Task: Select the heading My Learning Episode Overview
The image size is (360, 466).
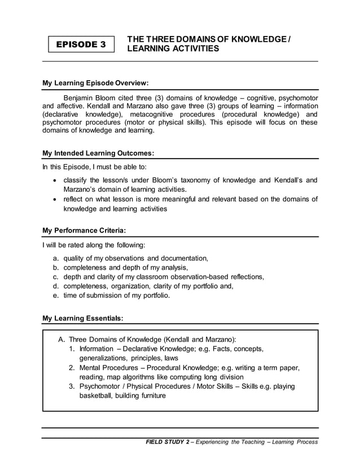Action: click(95, 83)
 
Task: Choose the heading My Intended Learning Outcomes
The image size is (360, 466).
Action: click(98, 153)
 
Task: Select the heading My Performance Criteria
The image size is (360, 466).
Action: click(84, 231)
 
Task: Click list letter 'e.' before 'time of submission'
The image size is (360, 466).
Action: click(56, 295)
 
